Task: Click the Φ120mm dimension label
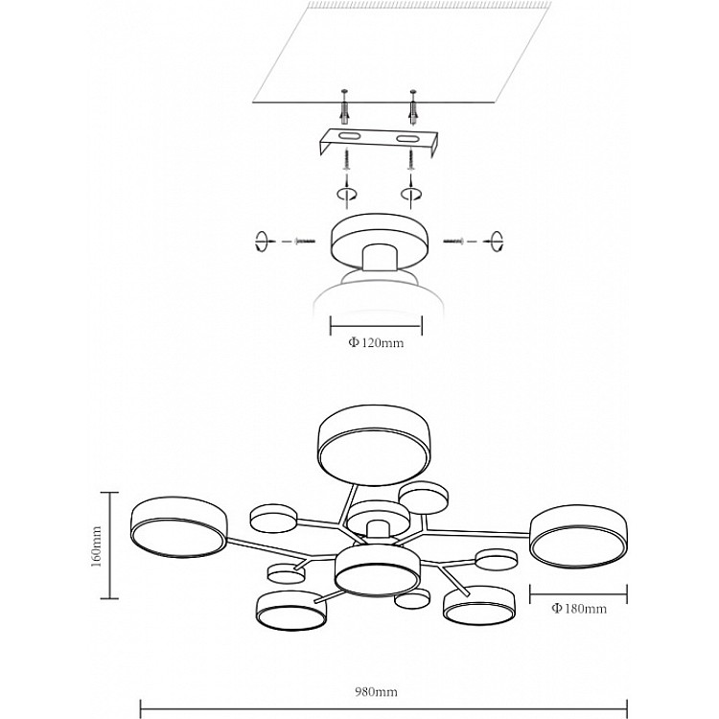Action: (376, 342)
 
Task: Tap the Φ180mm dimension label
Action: (579, 609)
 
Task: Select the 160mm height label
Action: (96, 546)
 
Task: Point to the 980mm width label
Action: (376, 691)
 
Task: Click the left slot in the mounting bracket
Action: (350, 136)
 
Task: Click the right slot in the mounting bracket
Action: (407, 138)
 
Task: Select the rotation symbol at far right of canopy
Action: (497, 242)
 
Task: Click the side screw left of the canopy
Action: (306, 241)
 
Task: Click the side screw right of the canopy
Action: (454, 241)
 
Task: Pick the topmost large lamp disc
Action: (374, 445)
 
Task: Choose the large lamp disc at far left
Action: (178, 529)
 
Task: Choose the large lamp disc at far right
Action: (579, 536)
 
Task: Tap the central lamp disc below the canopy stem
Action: (377, 570)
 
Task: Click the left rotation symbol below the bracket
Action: (346, 195)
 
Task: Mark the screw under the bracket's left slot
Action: (346, 160)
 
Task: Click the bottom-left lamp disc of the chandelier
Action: (291, 611)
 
